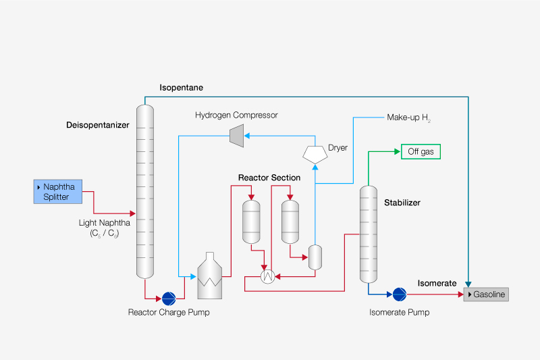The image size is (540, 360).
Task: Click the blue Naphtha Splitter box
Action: pyautogui.click(x=61, y=191)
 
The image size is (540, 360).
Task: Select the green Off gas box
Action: pyautogui.click(x=421, y=152)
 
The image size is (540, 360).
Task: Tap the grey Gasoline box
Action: pyautogui.click(x=485, y=294)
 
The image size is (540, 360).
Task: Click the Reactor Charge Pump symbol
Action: pyautogui.click(x=168, y=299)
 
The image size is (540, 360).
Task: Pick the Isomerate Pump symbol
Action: pyautogui.click(x=399, y=294)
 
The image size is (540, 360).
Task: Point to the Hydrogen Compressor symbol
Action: pyautogui.click(x=236, y=135)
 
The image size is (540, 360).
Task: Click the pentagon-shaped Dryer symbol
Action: pyautogui.click(x=315, y=153)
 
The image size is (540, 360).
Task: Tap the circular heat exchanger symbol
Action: pyautogui.click(x=268, y=276)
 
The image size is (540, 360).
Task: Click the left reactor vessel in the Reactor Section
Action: pyautogui.click(x=251, y=220)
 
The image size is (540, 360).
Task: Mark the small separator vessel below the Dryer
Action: pyautogui.click(x=315, y=257)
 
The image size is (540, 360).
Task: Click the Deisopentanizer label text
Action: pyautogui.click(x=97, y=125)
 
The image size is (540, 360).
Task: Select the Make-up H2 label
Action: pyautogui.click(x=408, y=118)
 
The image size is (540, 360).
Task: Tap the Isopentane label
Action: pyautogui.click(x=181, y=88)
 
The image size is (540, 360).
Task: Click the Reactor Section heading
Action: pyautogui.click(x=269, y=178)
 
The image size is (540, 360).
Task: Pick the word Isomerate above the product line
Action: pyautogui.click(x=437, y=283)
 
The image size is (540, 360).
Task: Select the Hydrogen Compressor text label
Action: pyautogui.click(x=236, y=115)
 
